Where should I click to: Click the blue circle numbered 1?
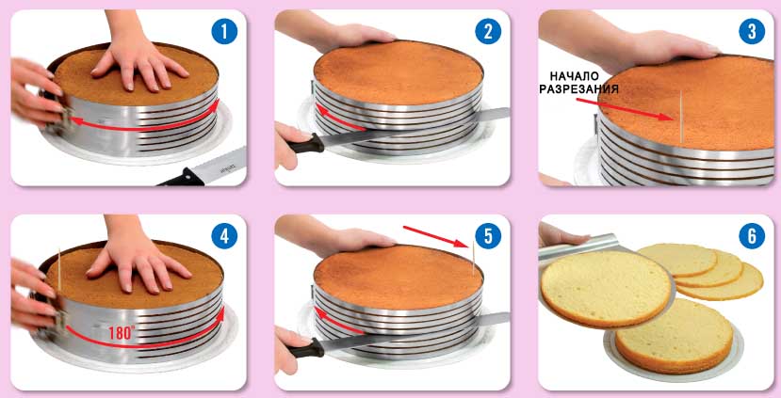click(224, 32)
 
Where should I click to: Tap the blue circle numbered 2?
click(488, 32)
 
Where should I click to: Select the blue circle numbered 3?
click(752, 32)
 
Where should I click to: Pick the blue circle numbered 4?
click(224, 236)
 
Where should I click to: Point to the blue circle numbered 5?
click(488, 236)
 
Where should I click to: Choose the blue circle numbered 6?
click(752, 236)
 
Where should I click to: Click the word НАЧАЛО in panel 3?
click(575, 76)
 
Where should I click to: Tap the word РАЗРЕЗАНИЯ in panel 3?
click(578, 89)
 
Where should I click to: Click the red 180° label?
click(122, 332)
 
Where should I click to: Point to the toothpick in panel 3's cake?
click(681, 117)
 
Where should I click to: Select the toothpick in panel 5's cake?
click(473, 258)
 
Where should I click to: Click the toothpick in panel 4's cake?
click(59, 269)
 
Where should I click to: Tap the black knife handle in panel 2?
click(306, 144)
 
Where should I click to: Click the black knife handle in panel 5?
click(306, 348)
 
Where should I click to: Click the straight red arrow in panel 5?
click(436, 236)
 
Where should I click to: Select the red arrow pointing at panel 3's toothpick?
click(626, 109)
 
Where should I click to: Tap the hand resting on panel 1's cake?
click(137, 62)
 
